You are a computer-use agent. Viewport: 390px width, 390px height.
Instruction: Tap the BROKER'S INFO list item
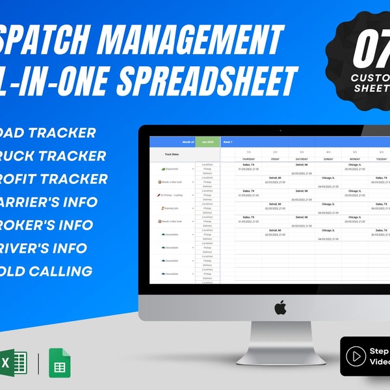[x=49, y=225]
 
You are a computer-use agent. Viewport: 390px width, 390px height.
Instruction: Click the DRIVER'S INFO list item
[x=49, y=248]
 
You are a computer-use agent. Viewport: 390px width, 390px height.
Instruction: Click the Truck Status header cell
[x=172, y=155]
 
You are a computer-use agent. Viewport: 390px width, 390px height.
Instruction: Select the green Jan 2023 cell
[x=208, y=141]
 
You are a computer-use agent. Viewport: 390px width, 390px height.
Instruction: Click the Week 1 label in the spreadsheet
[x=228, y=141]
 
